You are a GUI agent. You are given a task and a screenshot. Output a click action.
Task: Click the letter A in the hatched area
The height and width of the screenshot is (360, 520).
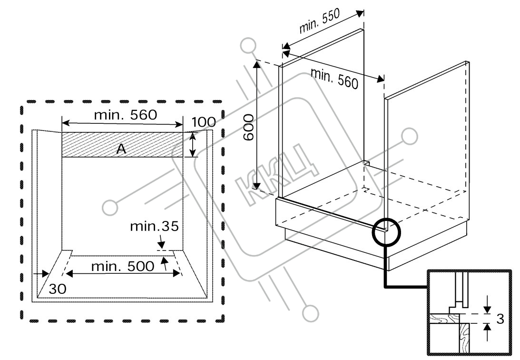(121, 150)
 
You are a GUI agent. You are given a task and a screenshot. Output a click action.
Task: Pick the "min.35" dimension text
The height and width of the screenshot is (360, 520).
(154, 227)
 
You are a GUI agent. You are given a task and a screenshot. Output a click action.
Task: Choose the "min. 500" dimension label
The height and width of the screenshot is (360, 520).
(123, 266)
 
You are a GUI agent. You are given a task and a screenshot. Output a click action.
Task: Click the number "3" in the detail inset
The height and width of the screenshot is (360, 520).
(500, 319)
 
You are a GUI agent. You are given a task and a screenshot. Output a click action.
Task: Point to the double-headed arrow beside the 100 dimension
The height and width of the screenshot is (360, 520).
(192, 145)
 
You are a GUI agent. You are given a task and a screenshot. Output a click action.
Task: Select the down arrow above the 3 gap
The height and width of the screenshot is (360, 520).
(487, 303)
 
